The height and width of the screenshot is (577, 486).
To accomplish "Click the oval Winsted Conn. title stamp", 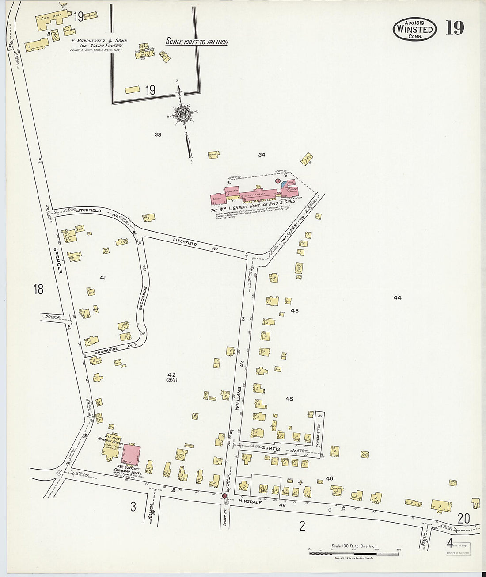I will click(x=414, y=30).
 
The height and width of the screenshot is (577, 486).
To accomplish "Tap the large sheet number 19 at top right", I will click(x=455, y=28).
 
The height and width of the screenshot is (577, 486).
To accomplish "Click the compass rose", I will click(x=182, y=114).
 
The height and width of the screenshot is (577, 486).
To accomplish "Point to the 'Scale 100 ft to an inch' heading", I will click(x=197, y=42).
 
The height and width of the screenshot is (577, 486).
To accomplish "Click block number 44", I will click(x=397, y=298).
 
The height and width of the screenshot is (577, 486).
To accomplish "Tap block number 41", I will click(x=103, y=278).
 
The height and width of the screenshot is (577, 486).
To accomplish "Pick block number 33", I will click(x=158, y=134).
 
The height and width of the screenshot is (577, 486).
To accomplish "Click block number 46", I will click(x=329, y=478).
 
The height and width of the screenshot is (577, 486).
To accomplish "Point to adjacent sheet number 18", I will click(x=38, y=290).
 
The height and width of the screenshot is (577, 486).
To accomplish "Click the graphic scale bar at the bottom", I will click(x=353, y=552).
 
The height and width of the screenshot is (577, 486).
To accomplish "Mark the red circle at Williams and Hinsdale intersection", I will click(x=224, y=497).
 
